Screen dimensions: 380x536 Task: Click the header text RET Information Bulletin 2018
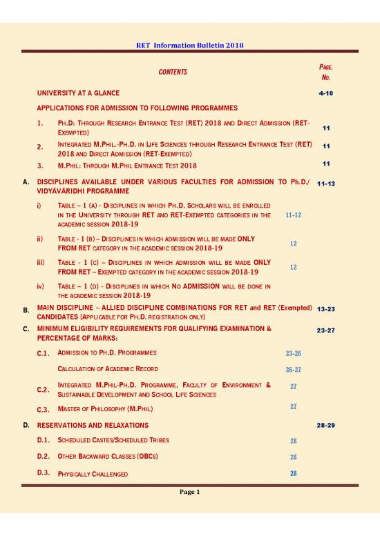189,46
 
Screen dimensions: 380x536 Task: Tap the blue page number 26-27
293,369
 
